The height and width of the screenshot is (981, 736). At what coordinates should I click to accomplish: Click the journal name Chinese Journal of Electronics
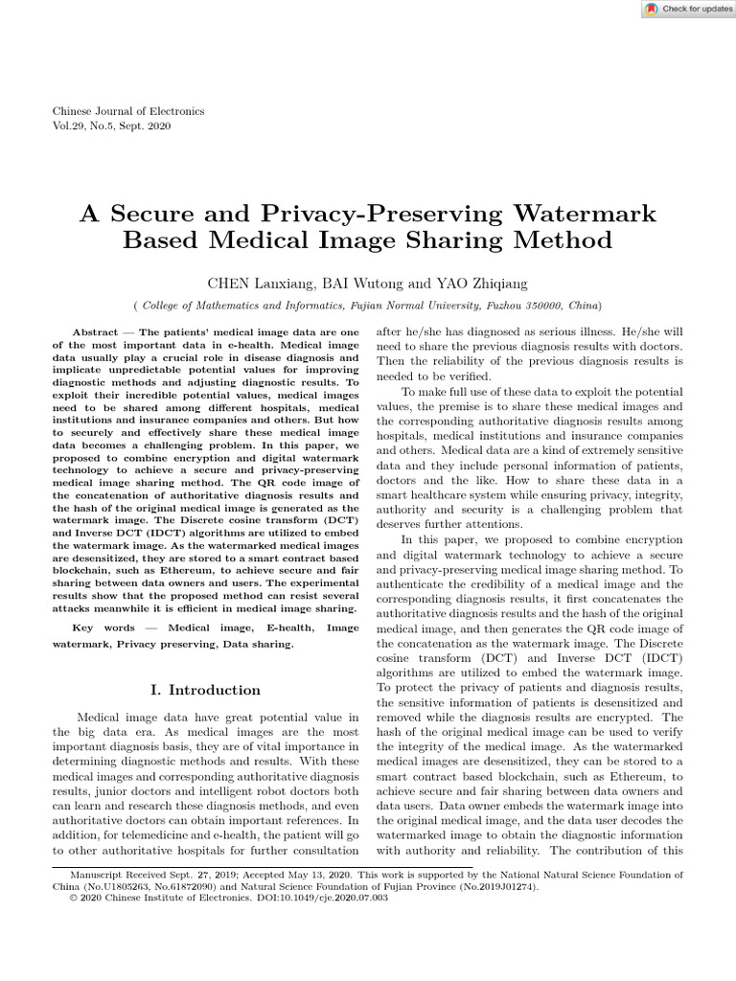[x=127, y=111]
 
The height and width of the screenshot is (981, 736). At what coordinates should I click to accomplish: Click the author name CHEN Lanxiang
[x=259, y=283]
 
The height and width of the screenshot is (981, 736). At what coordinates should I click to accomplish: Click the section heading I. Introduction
[x=206, y=690]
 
